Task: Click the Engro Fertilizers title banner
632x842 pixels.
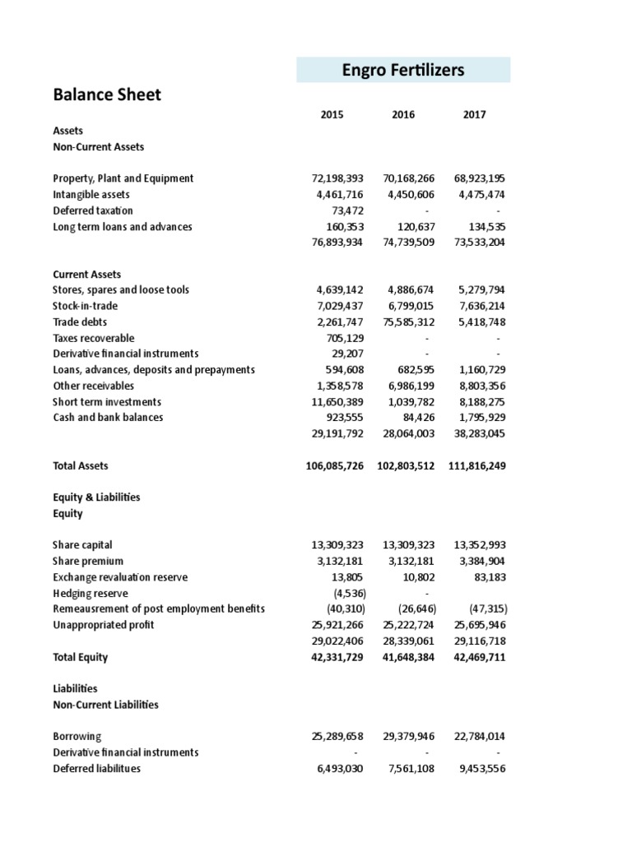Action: pos(403,70)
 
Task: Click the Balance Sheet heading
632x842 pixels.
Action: pos(107,95)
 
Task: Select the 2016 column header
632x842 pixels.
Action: pos(403,115)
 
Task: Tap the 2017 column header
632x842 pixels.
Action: pos(475,115)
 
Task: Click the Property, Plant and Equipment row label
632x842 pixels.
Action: pos(123,178)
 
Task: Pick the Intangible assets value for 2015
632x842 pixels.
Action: pos(337,195)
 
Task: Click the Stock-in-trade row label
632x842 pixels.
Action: pos(86,306)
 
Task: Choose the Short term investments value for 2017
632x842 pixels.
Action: pos(478,402)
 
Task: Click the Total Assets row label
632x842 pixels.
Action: pos(80,466)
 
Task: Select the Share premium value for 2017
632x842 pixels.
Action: pos(478,562)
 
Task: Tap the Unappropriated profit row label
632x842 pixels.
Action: pos(103,625)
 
